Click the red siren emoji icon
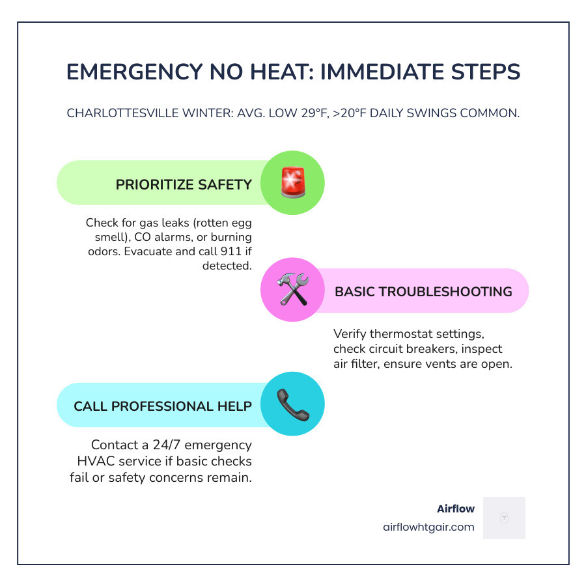pos(292,183)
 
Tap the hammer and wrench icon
pos(292,290)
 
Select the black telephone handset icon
pos(292,404)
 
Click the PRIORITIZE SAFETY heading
pos(184,184)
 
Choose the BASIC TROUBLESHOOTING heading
pos(423,292)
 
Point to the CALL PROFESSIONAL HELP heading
pos(163,406)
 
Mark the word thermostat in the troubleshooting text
pos(400,335)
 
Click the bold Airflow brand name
pos(456,509)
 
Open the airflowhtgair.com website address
pos(428,527)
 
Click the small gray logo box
pos(504,518)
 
